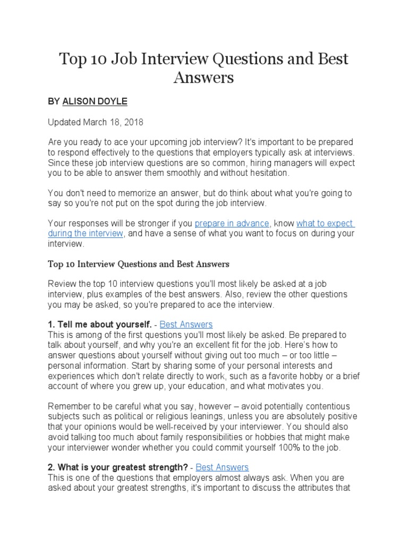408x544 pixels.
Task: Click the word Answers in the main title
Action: tap(203, 78)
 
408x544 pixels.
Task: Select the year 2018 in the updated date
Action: tap(133, 122)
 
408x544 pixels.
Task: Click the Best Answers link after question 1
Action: tap(186, 324)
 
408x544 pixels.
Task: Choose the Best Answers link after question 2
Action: tap(222, 467)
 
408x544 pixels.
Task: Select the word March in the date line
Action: tap(96, 122)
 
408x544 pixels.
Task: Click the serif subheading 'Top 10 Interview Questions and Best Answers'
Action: tap(139, 264)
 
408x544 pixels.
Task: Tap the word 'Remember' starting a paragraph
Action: tap(69, 406)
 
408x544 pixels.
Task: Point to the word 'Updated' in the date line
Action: tap(65, 122)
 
